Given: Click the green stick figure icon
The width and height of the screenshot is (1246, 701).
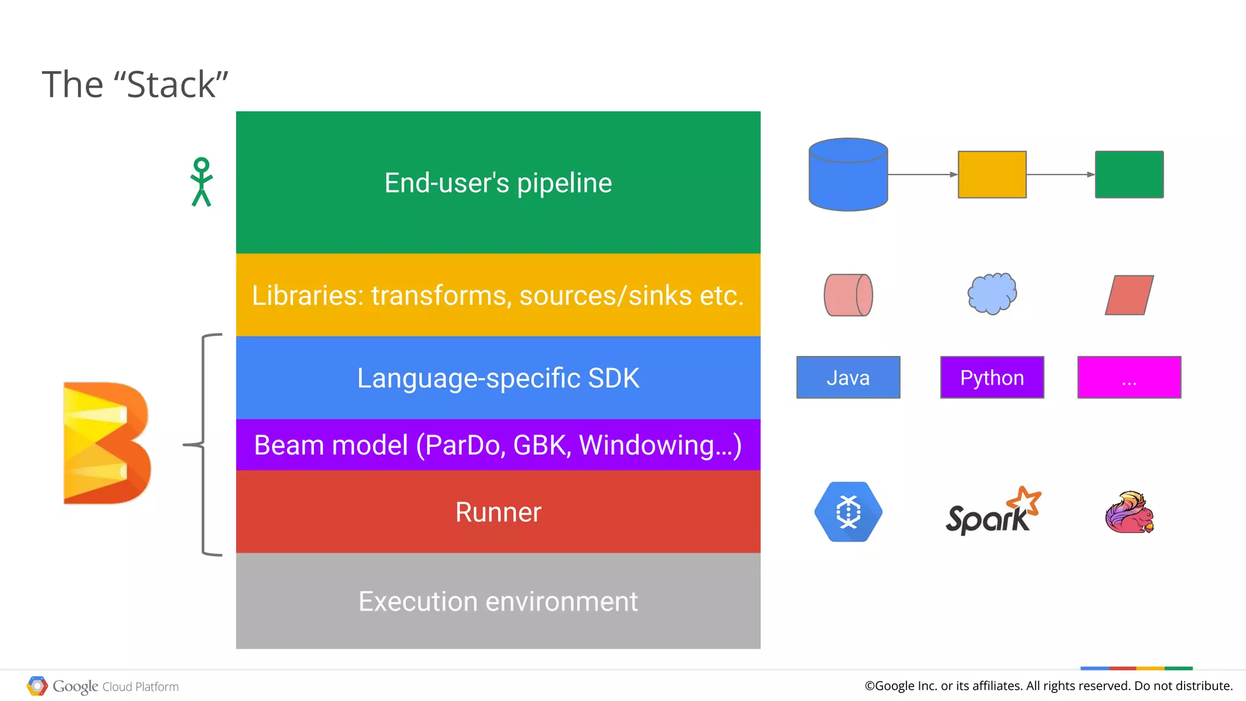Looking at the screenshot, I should (x=201, y=182).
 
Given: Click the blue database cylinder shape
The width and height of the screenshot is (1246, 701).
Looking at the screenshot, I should (x=848, y=175).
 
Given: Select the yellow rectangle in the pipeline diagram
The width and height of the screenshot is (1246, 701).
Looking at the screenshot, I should (x=992, y=175).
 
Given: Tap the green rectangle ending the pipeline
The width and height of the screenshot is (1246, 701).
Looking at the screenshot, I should (x=1129, y=175).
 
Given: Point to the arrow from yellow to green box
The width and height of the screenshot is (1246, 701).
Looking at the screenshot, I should (x=1060, y=175).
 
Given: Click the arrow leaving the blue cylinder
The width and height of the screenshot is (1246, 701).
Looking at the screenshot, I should (x=922, y=175).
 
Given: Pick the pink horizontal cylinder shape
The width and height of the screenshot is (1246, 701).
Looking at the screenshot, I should (x=848, y=295).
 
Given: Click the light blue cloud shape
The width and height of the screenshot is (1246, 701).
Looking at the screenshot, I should (x=992, y=293).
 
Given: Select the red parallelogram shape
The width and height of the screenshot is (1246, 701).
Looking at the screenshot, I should (x=1129, y=295).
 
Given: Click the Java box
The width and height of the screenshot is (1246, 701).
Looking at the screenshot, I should (x=848, y=377).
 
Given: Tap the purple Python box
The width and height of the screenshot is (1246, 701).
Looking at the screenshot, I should (x=992, y=377).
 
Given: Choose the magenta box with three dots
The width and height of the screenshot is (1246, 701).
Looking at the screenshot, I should (x=1129, y=377).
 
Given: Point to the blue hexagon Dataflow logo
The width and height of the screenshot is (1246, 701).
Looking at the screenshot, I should (x=848, y=512).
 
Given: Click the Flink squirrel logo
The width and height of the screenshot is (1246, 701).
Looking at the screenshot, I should (x=1129, y=512).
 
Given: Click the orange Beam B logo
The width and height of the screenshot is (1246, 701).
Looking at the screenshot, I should (x=107, y=443).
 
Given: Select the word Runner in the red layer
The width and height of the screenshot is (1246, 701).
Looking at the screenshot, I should (x=498, y=512).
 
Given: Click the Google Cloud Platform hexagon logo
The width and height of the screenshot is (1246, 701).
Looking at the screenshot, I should (x=37, y=686).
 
